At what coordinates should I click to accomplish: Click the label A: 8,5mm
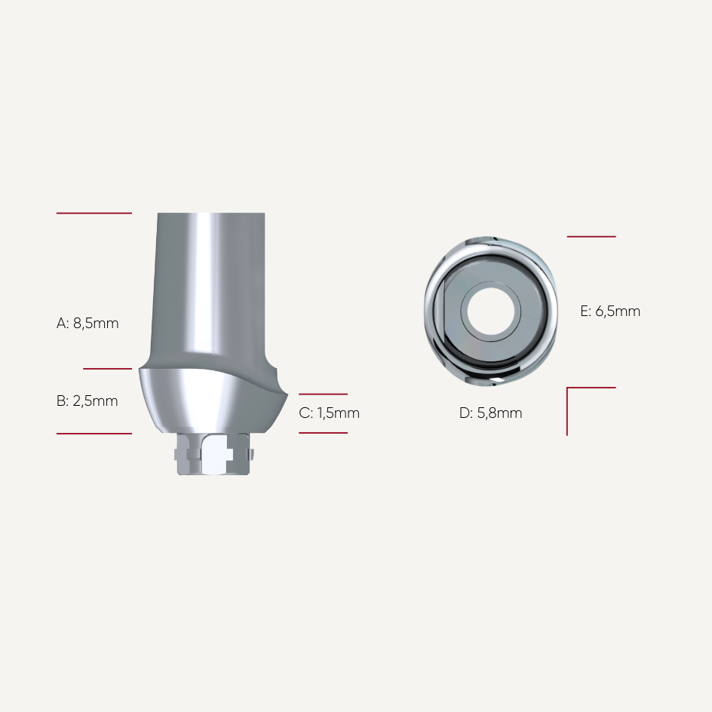pyautogui.click(x=87, y=324)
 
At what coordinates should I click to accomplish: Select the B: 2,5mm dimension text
pyautogui.click(x=87, y=401)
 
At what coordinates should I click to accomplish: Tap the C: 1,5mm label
pyautogui.click(x=329, y=413)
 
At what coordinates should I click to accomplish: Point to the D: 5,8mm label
pyautogui.click(x=490, y=413)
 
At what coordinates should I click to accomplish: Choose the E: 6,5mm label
pyautogui.click(x=610, y=311)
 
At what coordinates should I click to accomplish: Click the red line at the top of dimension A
pyautogui.click(x=94, y=213)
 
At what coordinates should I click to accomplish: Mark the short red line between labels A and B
pyautogui.click(x=108, y=369)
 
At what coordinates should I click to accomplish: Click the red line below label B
pyautogui.click(x=94, y=434)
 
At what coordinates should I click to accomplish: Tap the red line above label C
pyautogui.click(x=323, y=394)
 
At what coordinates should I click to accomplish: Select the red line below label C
pyautogui.click(x=323, y=433)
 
